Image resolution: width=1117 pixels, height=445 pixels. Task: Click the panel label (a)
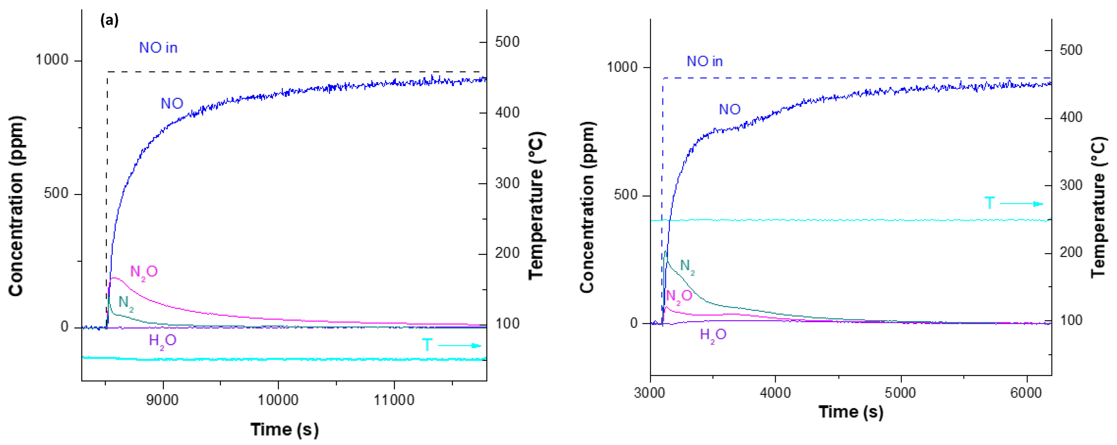tap(109, 20)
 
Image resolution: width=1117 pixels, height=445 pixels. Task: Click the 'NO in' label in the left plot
tap(158, 48)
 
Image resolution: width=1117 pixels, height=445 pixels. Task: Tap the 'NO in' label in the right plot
tap(705, 62)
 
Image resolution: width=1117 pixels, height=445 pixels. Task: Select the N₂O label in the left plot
tap(144, 272)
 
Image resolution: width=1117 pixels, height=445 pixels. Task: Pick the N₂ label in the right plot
tap(687, 266)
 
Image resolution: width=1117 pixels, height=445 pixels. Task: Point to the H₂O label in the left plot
tap(163, 341)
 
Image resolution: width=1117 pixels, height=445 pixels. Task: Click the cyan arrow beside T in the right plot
tap(1021, 204)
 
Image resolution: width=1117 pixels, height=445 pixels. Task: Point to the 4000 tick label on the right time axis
tap(775, 393)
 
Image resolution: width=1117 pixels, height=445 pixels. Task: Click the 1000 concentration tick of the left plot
tap(52, 60)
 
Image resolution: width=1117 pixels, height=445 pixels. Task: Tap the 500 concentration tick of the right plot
tap(626, 195)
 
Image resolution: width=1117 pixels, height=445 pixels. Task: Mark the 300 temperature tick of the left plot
tap(507, 183)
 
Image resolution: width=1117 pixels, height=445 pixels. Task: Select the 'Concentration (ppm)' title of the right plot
tap(587, 207)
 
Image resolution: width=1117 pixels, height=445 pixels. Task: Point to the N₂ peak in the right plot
tap(665, 251)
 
